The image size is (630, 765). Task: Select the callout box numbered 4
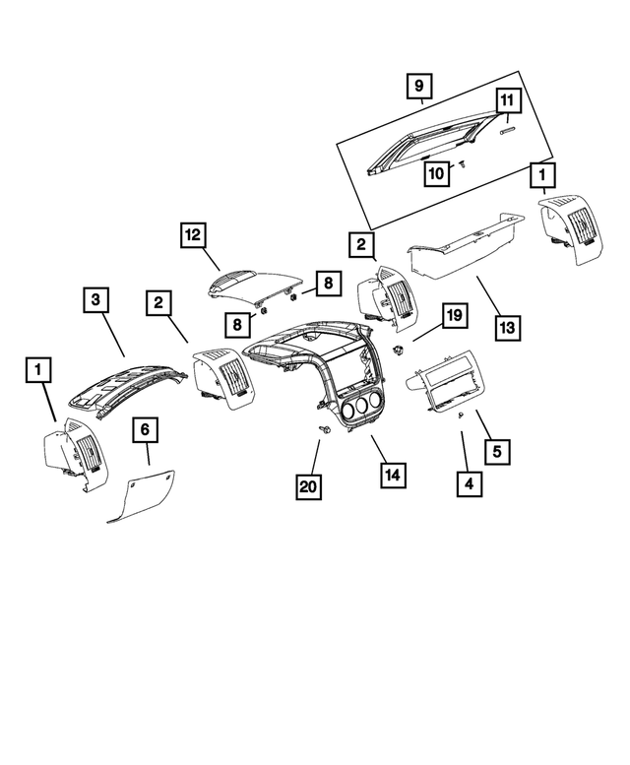click(x=470, y=483)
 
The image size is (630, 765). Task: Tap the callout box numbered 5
click(x=497, y=452)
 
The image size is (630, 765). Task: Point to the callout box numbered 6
click(x=146, y=430)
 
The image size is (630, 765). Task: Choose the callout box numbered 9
click(x=418, y=86)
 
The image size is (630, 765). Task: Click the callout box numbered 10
click(x=436, y=174)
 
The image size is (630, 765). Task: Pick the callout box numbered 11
click(x=506, y=101)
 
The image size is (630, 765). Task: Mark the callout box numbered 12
click(x=193, y=235)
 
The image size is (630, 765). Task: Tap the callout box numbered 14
click(x=393, y=475)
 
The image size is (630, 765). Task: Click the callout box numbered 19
click(x=452, y=316)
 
